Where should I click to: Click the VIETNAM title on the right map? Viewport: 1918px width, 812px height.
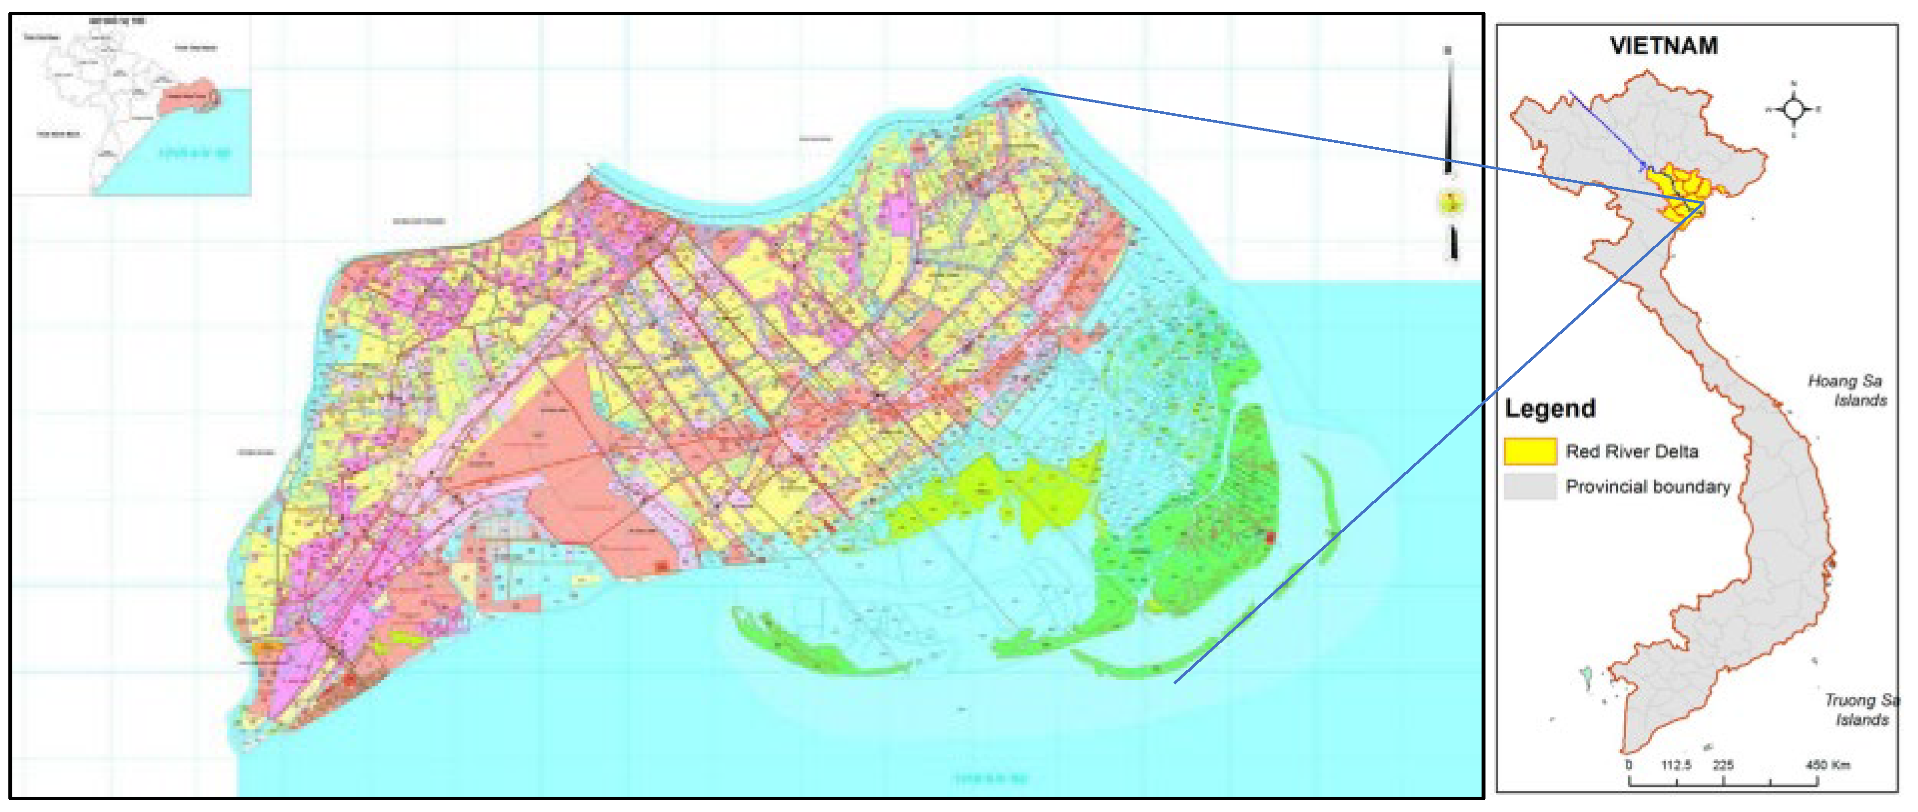click(x=1663, y=46)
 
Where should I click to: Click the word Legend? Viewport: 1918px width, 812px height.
click(x=1550, y=408)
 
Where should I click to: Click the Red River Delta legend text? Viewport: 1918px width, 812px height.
click(x=1631, y=452)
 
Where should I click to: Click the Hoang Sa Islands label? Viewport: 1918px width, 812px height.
click(x=1847, y=390)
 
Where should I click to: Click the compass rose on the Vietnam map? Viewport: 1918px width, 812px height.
click(x=1794, y=109)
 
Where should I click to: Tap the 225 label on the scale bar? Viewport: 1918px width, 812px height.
click(x=1723, y=765)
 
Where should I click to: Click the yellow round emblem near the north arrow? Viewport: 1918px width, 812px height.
click(x=1451, y=202)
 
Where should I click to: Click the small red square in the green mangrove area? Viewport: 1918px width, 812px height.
click(x=1270, y=536)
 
